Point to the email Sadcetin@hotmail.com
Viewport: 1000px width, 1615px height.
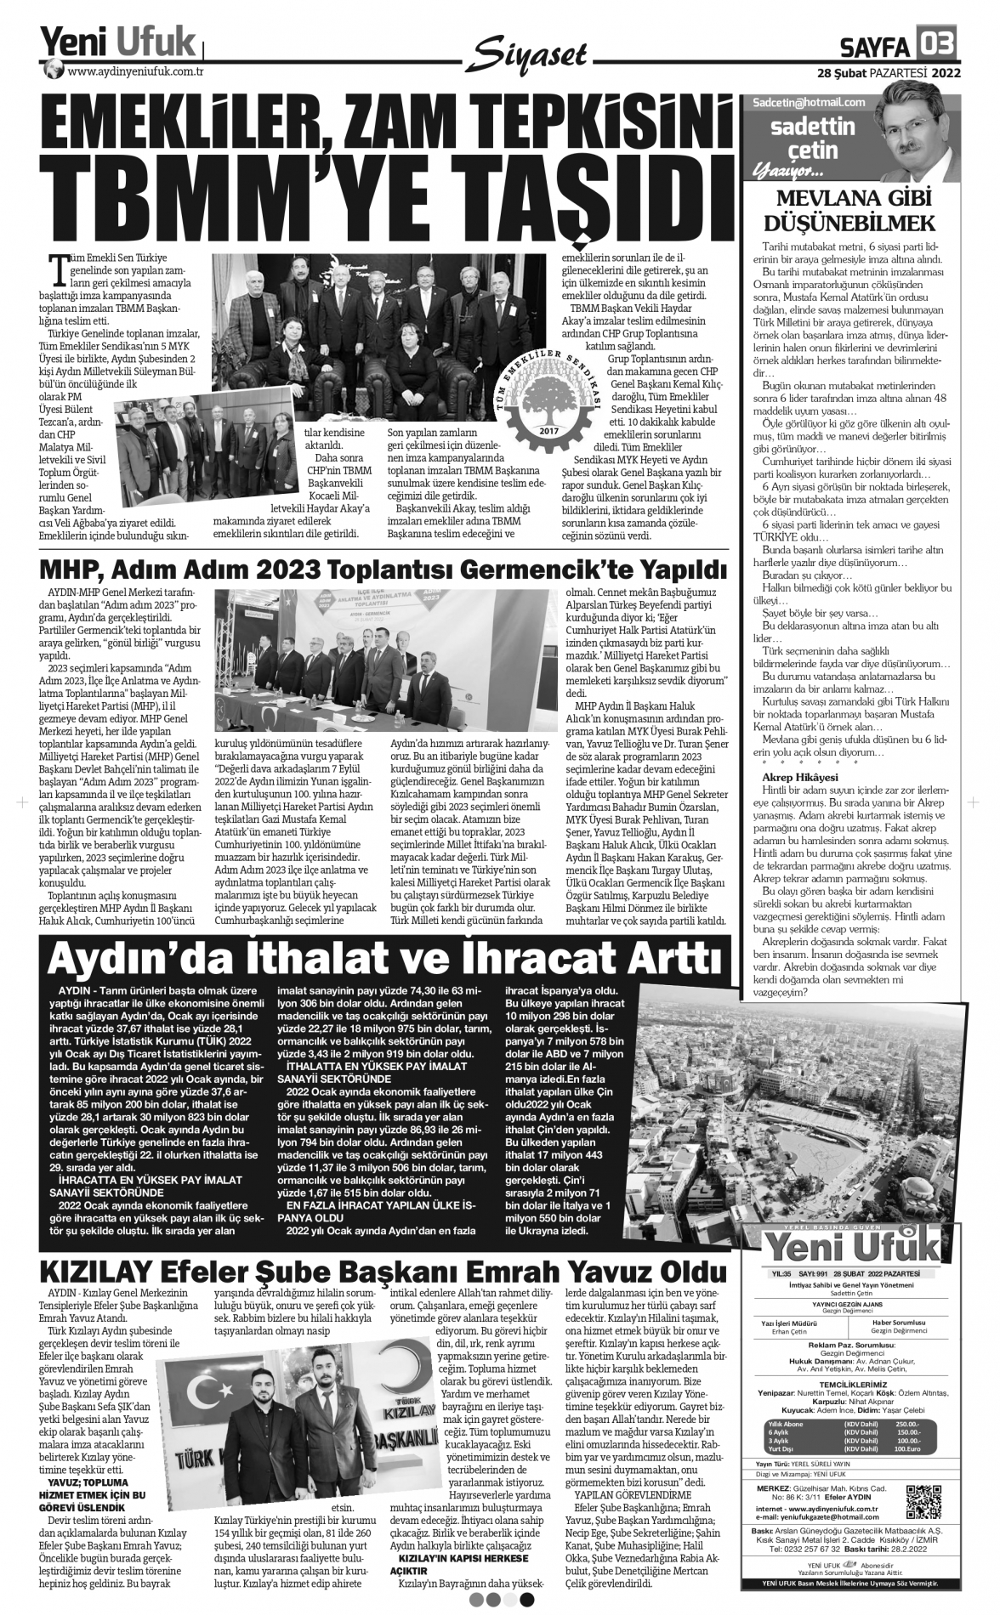809,102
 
